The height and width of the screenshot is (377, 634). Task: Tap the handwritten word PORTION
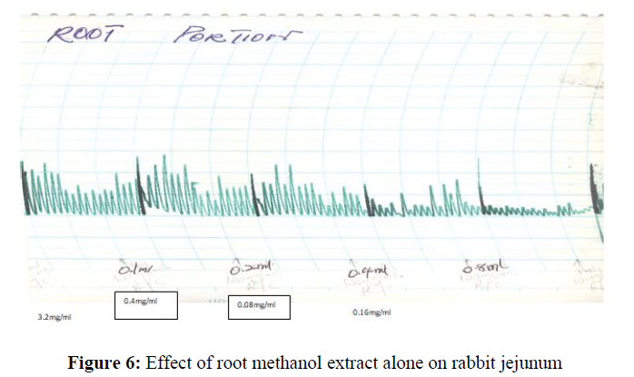point(236,38)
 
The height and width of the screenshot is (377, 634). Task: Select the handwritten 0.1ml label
point(136,270)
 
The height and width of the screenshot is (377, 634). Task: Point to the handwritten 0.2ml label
point(252,269)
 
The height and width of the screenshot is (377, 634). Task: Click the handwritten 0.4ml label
point(368,272)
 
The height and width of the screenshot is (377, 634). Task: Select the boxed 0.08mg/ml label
point(259,305)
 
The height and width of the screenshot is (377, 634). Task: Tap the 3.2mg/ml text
point(54,317)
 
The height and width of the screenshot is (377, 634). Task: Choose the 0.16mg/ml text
point(372,313)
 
